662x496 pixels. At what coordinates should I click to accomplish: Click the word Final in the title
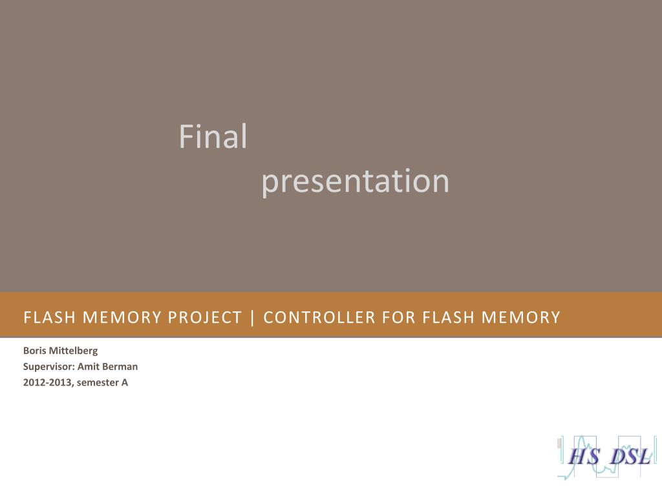[213, 137]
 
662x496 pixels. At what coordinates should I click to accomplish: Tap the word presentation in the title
[355, 181]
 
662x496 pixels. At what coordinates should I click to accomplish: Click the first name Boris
[33, 351]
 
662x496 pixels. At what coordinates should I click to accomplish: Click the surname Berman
[120, 367]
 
